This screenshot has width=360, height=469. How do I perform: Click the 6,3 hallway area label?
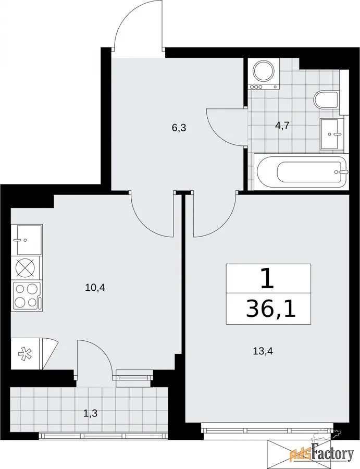coord(179,128)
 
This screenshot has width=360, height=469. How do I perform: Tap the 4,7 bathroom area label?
coord(282,126)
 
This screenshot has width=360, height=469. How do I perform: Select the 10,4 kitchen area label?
coord(95,288)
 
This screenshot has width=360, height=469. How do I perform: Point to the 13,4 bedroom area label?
coord(263,351)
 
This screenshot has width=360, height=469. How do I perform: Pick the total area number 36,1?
coord(270,308)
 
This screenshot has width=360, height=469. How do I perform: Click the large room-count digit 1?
coord(268,278)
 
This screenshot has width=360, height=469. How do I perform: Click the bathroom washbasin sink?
coord(332,134)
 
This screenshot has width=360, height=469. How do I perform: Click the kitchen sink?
coord(27,240)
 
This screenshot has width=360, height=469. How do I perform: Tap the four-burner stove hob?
coord(27,296)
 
